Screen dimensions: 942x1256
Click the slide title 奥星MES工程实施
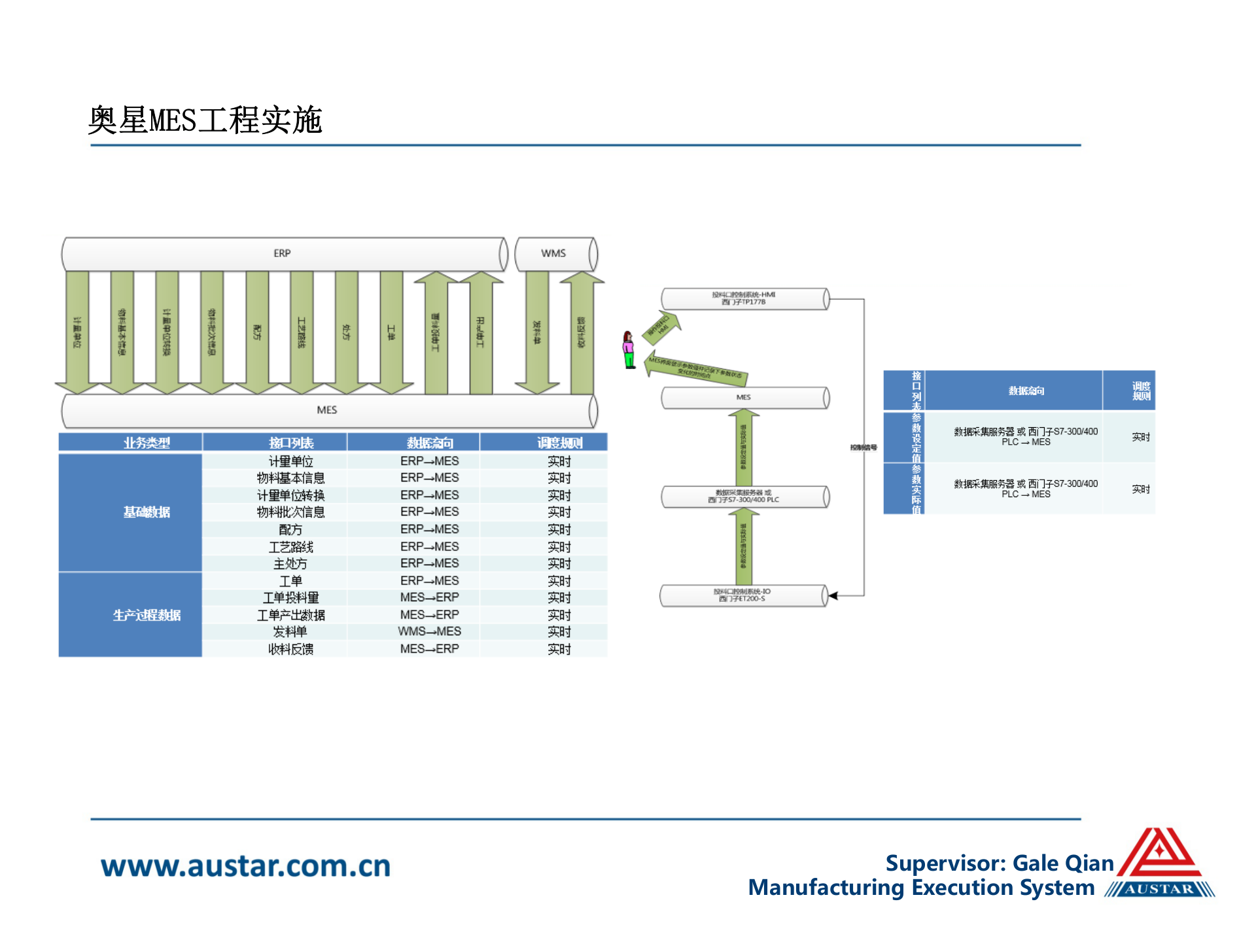[x=205, y=120]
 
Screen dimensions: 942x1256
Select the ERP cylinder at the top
[x=283, y=254]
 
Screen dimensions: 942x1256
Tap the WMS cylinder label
[x=553, y=254]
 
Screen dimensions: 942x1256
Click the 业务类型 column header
[x=147, y=443]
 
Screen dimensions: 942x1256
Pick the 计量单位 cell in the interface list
[x=290, y=461]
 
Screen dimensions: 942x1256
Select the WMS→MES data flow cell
[x=429, y=631]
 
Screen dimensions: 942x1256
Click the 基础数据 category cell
[x=147, y=512]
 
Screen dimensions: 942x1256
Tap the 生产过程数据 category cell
[x=147, y=615]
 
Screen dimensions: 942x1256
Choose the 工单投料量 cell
[x=290, y=598]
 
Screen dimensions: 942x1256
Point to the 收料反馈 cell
[x=290, y=649]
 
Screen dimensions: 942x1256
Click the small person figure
[x=629, y=350]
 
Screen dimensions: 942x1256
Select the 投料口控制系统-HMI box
[x=744, y=298]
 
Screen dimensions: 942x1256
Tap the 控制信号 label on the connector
[x=863, y=447]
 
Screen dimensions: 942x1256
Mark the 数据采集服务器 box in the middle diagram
[x=744, y=497]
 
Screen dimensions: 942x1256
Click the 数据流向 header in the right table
[x=1026, y=391]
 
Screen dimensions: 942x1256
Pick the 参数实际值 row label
[x=916, y=489]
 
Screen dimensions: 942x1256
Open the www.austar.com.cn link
[x=245, y=866]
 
